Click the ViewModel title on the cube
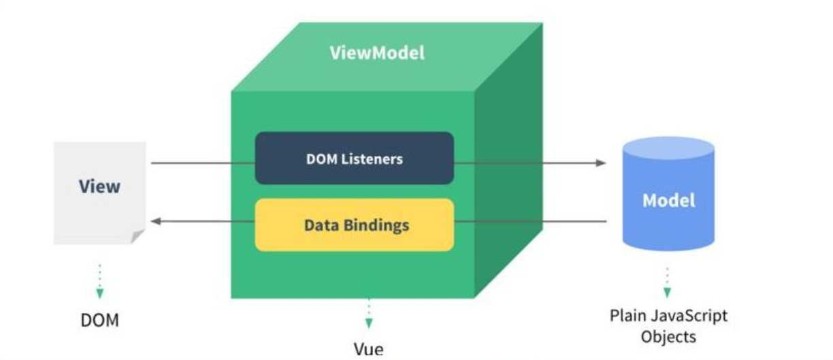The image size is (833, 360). pyautogui.click(x=377, y=53)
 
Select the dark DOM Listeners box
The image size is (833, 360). pyautogui.click(x=354, y=158)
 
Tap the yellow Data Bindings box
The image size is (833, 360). pyautogui.click(x=354, y=225)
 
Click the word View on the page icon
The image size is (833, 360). pyautogui.click(x=99, y=186)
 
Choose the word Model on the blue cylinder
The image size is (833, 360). pyautogui.click(x=669, y=200)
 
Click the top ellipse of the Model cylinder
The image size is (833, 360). pyautogui.click(x=669, y=148)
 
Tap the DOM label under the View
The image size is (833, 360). pyautogui.click(x=99, y=319)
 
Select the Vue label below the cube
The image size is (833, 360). pyautogui.click(x=368, y=349)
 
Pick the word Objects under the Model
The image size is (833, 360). pyautogui.click(x=669, y=336)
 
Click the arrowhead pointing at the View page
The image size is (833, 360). pyautogui.click(x=155, y=221)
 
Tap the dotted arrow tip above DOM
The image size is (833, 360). pyautogui.click(x=100, y=293)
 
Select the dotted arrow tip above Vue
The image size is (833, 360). pyautogui.click(x=368, y=323)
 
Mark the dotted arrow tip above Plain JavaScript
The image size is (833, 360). pyautogui.click(x=667, y=293)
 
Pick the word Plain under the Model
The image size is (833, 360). pyautogui.click(x=627, y=316)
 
